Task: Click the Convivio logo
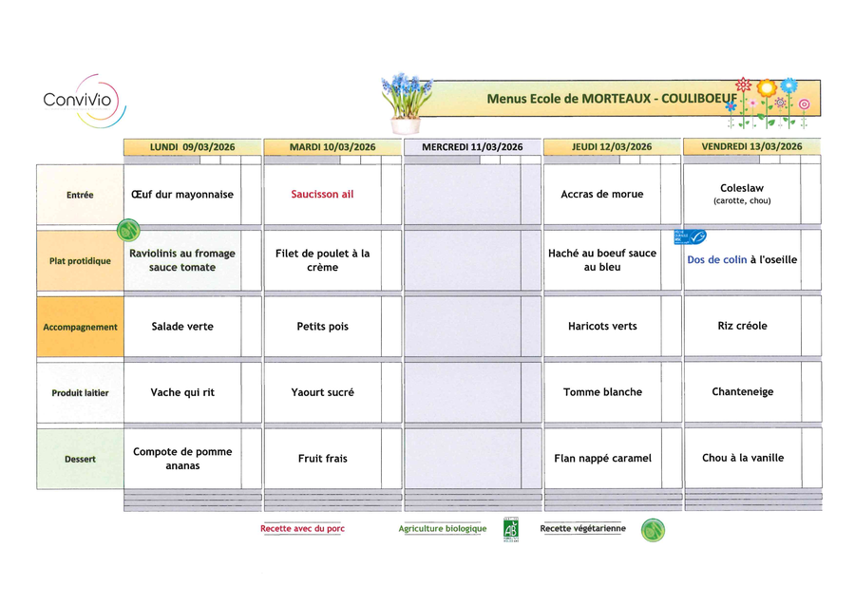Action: [x=84, y=100]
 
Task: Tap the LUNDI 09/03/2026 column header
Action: [x=192, y=147]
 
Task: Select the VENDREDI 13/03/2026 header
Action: [x=751, y=146]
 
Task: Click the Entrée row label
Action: [x=80, y=195]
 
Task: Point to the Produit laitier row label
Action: [x=80, y=392]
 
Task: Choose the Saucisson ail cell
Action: [x=322, y=195]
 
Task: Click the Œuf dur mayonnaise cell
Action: [x=181, y=195]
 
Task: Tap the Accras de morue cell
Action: [x=601, y=195]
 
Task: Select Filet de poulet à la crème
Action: [x=322, y=260]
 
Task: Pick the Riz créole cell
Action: [x=742, y=326]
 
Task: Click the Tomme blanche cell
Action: [x=602, y=392]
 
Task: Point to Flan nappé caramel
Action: [x=602, y=459]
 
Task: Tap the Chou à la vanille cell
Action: [x=742, y=458]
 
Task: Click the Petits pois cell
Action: [x=322, y=327]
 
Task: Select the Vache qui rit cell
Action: [x=181, y=392]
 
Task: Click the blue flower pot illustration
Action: [x=406, y=103]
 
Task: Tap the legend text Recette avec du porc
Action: [x=302, y=529]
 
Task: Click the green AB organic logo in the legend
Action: [x=511, y=530]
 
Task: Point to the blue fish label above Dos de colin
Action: [x=690, y=236]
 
